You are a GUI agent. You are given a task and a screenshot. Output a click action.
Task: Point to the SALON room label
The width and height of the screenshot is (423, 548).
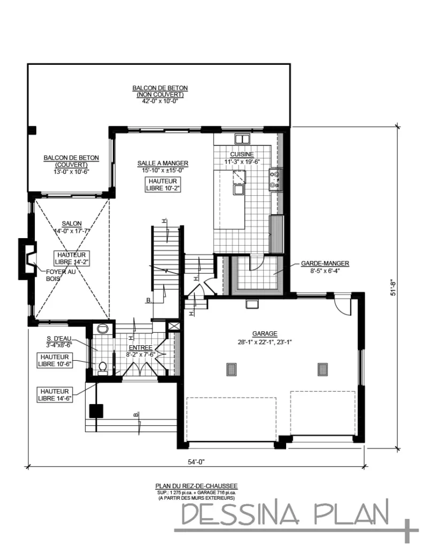72,224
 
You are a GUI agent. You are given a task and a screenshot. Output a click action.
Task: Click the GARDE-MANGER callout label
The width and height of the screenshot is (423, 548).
325,263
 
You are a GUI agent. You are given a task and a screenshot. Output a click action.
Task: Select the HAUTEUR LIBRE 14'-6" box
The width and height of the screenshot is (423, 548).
55,394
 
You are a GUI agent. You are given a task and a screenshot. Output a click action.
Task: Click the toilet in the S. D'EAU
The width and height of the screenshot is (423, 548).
102,367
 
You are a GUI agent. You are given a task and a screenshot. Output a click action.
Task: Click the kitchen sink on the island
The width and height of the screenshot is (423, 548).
238,188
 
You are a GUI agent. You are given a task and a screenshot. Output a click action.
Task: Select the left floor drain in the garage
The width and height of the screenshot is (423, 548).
231,370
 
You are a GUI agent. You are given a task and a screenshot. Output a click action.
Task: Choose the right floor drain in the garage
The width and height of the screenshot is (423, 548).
322,370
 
